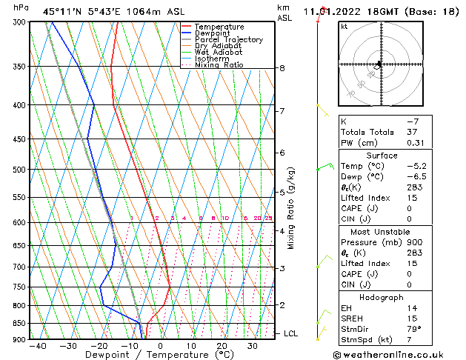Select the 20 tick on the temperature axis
222,346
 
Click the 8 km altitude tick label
282,68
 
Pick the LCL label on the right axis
290,334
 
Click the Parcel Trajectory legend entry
228,39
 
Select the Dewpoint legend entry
213,33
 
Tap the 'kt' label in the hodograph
344,26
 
